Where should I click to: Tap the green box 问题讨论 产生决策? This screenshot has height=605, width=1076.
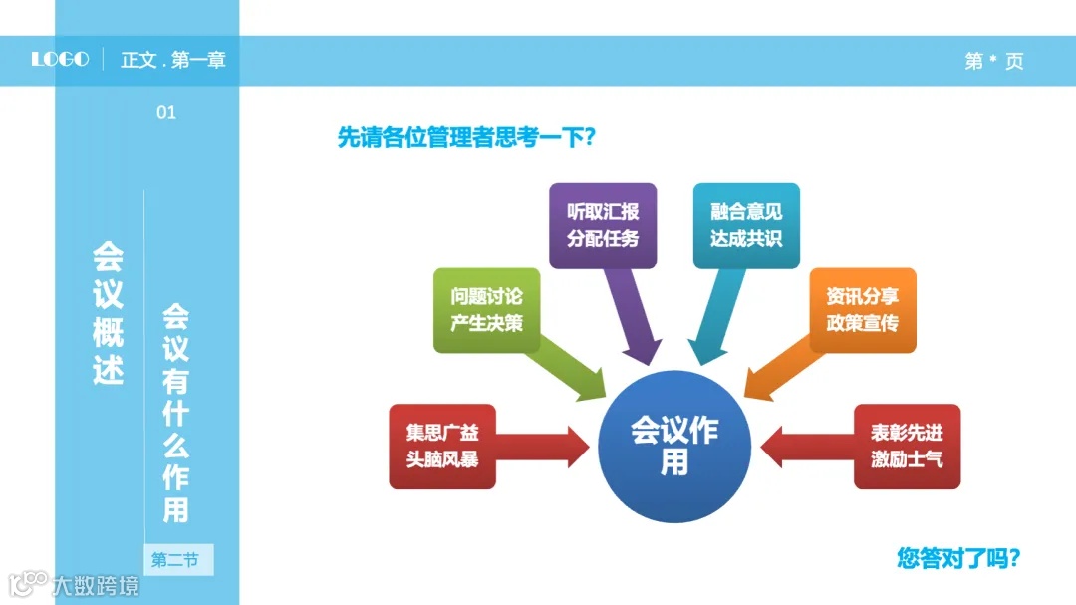point(486,310)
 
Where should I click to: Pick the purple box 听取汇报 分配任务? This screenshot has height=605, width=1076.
point(603,225)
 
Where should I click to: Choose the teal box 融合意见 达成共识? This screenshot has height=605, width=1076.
point(746,225)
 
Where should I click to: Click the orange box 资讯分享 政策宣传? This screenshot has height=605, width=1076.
point(862,310)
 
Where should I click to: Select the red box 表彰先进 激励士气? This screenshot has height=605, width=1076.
point(907,447)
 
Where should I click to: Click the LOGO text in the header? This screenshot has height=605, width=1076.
point(60,60)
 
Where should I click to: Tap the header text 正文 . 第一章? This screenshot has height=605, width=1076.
point(173,60)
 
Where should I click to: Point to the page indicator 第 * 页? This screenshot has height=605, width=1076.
point(993,61)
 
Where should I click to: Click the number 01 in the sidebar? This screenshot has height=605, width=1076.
point(166,113)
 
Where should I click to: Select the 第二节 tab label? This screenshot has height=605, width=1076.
point(175,560)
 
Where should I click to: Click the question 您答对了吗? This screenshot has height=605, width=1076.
point(959,557)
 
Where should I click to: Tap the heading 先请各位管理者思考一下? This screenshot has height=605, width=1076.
point(466,137)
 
